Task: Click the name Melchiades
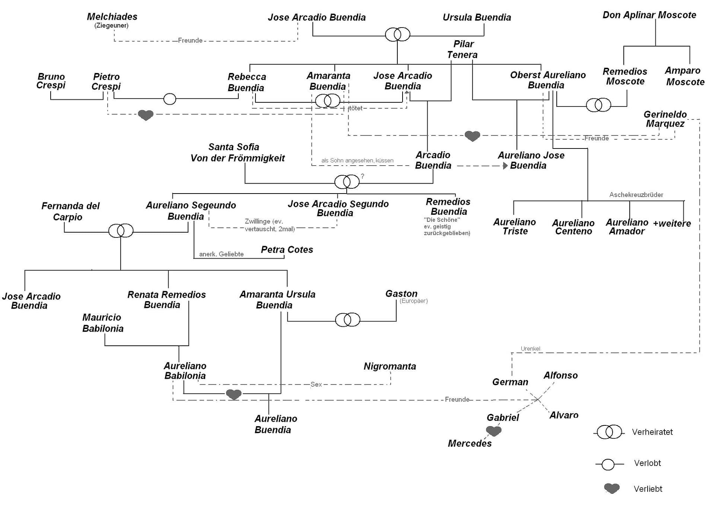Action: [x=112, y=17]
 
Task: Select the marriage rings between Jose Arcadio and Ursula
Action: [x=397, y=35]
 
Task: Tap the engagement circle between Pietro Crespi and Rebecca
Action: [x=170, y=99]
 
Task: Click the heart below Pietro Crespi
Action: [x=146, y=115]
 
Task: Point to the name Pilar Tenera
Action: [x=463, y=49]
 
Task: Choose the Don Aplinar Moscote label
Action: [x=649, y=15]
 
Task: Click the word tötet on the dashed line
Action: [x=355, y=108]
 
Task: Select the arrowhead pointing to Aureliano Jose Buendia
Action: [x=505, y=166]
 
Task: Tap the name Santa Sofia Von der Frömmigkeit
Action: [x=237, y=153]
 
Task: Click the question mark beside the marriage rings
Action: [x=362, y=176]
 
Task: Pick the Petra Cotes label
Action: [x=287, y=250]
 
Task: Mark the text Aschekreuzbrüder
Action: [x=636, y=195]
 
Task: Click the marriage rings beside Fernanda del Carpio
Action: [x=121, y=231]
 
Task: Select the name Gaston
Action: [x=401, y=294]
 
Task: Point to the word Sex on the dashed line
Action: [x=316, y=384]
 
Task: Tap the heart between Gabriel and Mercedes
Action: [x=494, y=431]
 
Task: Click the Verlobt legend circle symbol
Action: [x=608, y=464]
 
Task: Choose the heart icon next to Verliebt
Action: [x=611, y=488]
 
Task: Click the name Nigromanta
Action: [x=390, y=366]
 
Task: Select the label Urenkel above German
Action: [x=530, y=349]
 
